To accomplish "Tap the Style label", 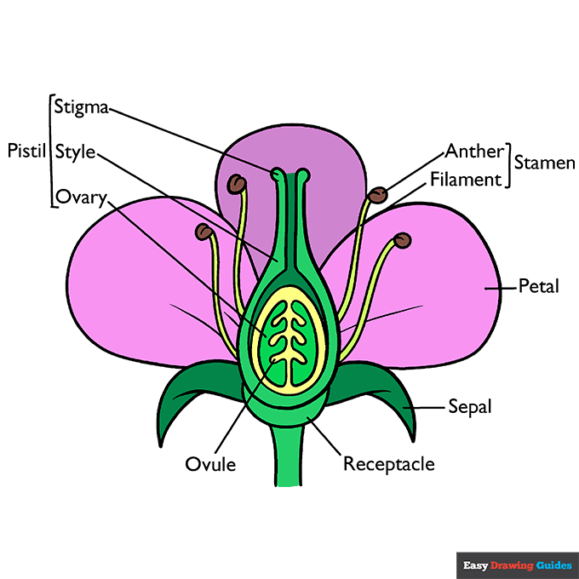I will pyautogui.click(x=75, y=152).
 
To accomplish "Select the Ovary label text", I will pyautogui.click(x=81, y=198).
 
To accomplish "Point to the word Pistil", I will pyautogui.click(x=25, y=152).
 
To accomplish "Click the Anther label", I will pyautogui.click(x=474, y=152).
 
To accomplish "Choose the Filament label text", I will pyautogui.click(x=466, y=180).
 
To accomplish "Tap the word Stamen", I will pyautogui.click(x=545, y=163).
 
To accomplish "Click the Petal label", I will pyautogui.click(x=538, y=287).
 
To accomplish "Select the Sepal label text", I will pyautogui.click(x=470, y=407).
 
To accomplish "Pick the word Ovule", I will pyautogui.click(x=210, y=465).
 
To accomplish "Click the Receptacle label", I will pyautogui.click(x=388, y=465).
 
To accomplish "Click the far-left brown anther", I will pyautogui.click(x=203, y=231).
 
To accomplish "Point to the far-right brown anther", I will pyautogui.click(x=403, y=240).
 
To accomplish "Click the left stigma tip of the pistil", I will pyautogui.click(x=277, y=175).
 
